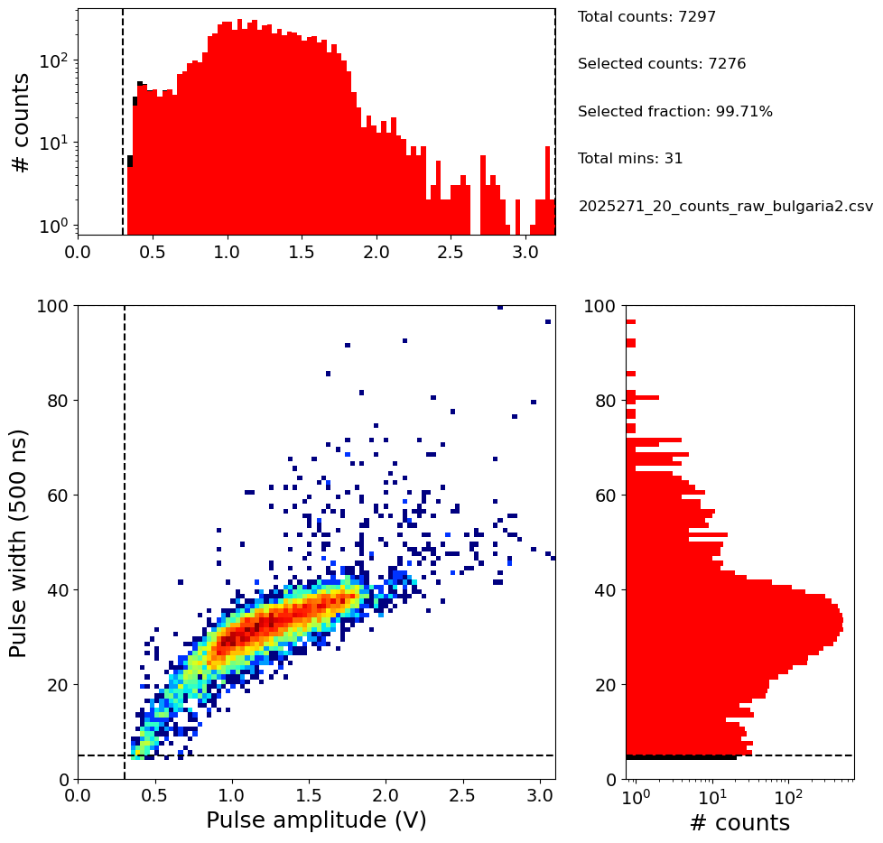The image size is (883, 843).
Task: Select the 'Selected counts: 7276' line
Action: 662,64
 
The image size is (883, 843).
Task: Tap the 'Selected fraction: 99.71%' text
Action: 675,112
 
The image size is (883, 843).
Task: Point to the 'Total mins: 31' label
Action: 630,159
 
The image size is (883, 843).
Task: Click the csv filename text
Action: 726,206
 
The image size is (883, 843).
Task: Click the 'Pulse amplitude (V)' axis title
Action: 316,820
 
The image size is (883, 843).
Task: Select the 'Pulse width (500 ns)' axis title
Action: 19,542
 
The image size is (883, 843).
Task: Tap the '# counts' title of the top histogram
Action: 21,122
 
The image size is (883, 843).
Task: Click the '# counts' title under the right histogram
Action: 739,822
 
